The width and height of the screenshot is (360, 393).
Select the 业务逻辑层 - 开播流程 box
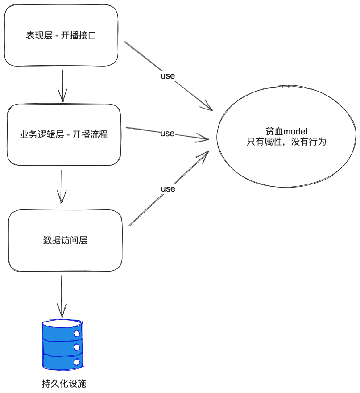click(64, 134)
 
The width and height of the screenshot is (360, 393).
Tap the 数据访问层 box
click(65, 240)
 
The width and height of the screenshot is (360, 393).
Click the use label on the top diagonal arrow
click(168, 75)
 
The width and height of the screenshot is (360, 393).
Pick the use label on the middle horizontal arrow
click(167, 133)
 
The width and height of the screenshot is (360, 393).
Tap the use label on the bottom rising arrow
click(168, 188)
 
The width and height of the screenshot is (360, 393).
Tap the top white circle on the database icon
click(77, 333)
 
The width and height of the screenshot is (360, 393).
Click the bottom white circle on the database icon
click(77, 362)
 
